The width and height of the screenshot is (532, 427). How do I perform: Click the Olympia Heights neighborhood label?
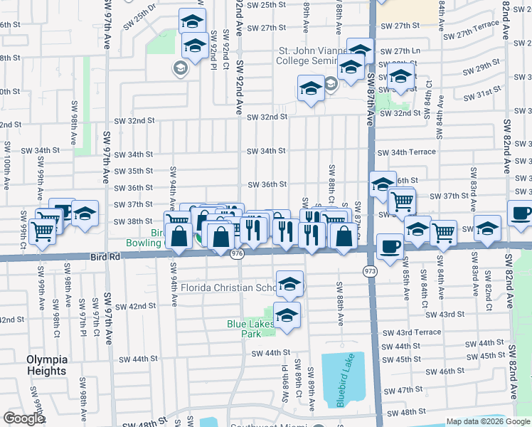pos(47,365)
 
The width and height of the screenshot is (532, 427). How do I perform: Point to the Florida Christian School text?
pos(228,288)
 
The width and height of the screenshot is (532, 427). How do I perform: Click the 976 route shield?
pos(238,254)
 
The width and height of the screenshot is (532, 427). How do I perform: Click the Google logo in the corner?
pos(24,418)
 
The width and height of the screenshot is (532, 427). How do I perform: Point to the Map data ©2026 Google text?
pos(488,421)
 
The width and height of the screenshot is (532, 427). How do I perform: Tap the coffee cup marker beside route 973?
pos(389,246)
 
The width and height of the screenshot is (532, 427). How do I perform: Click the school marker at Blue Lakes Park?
pos(287,315)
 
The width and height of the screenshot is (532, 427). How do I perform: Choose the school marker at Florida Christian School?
pos(289,283)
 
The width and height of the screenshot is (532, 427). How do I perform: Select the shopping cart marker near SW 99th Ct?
pos(43,229)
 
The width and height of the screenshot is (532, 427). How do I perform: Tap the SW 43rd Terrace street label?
pos(411,332)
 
